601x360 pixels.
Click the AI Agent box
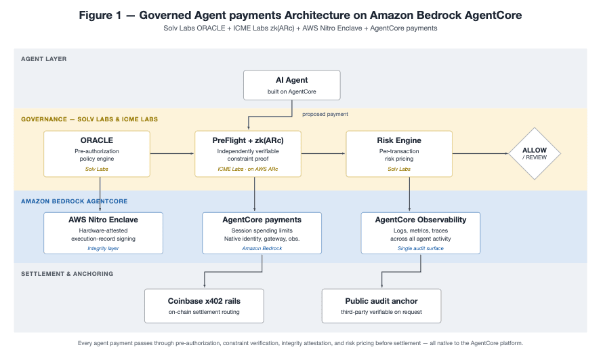291,85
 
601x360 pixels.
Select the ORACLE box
97,154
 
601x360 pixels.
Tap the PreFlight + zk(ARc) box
248,154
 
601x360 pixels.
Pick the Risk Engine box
399,154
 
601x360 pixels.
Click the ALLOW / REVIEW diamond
535,153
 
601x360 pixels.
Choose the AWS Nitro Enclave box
103,233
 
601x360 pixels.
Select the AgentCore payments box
262,233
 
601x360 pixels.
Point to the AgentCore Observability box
421,233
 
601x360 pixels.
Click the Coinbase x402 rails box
204,306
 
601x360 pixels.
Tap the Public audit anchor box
381,306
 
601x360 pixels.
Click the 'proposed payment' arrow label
325,115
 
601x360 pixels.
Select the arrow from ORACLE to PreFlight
172,153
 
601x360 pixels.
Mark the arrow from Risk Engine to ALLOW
480,153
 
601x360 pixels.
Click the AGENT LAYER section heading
43,59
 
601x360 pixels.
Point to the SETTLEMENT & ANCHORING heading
67,274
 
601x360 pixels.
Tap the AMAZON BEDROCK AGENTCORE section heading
75,201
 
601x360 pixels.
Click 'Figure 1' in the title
100,16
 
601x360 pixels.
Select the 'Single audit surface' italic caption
421,248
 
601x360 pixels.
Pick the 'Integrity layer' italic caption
103,248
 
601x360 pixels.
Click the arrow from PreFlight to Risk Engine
323,153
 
